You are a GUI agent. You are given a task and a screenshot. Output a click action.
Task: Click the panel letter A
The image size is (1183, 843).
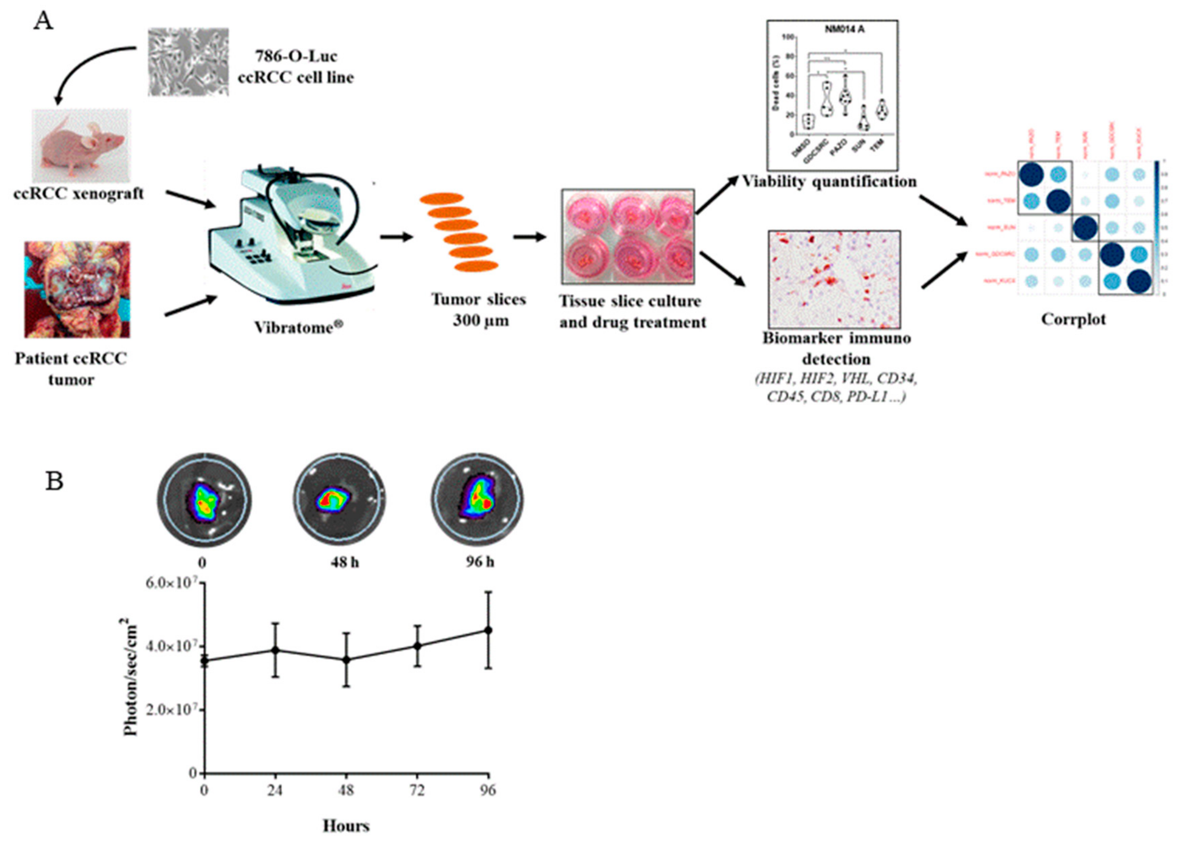coord(43,22)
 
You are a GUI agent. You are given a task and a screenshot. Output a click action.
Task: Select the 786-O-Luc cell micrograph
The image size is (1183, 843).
coord(188,62)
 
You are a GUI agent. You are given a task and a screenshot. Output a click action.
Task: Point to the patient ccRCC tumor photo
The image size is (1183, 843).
coord(77,289)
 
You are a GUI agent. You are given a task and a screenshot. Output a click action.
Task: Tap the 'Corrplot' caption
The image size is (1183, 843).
coord(1073,319)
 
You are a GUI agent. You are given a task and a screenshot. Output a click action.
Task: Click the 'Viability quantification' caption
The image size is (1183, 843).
coord(829,181)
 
